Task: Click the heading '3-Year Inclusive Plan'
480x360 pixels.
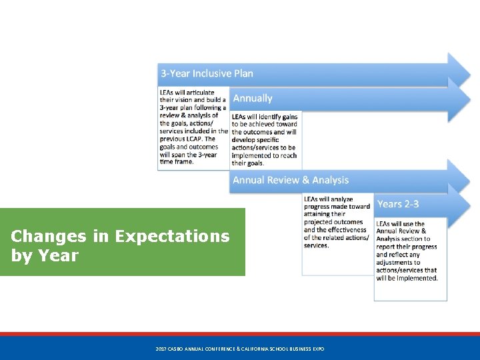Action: pyautogui.click(x=206, y=73)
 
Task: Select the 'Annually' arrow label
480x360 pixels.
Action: pyautogui.click(x=253, y=99)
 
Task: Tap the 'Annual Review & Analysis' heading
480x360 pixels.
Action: pyautogui.click(x=291, y=180)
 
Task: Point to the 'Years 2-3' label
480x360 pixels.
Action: pyautogui.click(x=398, y=204)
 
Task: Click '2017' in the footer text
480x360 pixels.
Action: pyautogui.click(x=161, y=349)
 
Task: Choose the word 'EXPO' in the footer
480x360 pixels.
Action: pyautogui.click(x=317, y=349)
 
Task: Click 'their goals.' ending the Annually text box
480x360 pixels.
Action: pyautogui.click(x=248, y=163)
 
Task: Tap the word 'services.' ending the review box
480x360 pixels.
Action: pyautogui.click(x=316, y=245)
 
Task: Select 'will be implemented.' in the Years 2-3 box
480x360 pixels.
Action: pyautogui.click(x=407, y=278)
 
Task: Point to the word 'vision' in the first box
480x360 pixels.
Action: pyautogui.click(x=183, y=100)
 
